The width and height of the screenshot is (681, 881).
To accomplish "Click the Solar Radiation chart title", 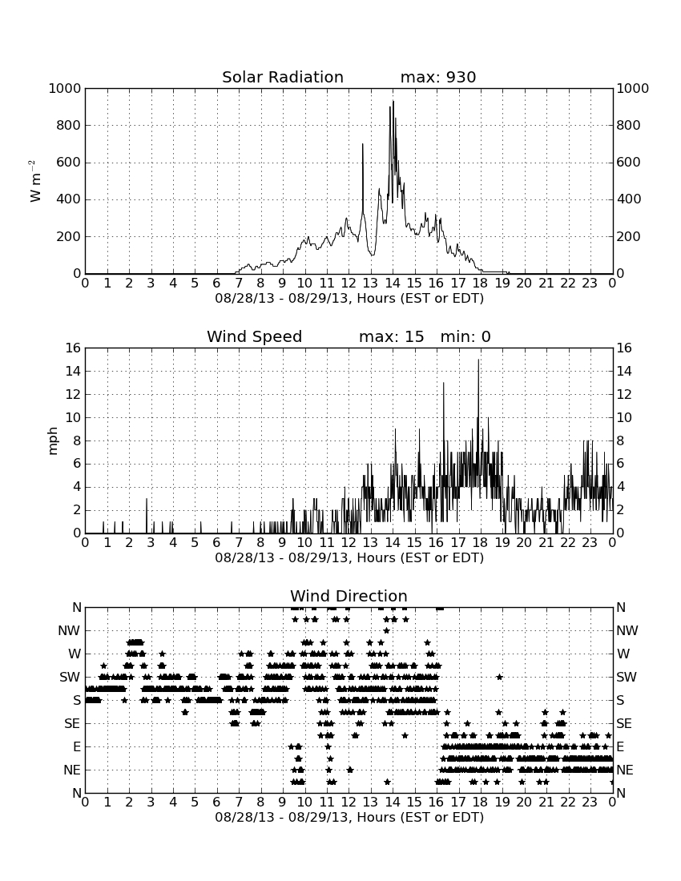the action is point(283,77).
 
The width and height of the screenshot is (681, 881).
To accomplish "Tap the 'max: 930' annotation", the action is point(438,77).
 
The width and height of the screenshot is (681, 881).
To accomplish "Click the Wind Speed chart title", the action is point(255,336).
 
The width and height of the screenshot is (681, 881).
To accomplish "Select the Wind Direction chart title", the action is point(349,596).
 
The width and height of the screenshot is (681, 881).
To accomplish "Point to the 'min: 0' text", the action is point(465,336).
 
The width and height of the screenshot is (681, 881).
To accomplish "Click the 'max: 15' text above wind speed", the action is point(392,336).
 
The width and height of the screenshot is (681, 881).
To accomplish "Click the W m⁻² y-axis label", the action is point(34,181).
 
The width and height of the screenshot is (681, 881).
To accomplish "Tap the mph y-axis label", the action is point(53,441).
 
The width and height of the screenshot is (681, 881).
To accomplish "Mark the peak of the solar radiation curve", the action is point(393,101).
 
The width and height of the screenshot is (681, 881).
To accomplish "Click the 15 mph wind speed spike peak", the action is point(479,360).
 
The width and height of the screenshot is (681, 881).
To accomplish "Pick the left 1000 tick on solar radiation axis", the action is point(65,88).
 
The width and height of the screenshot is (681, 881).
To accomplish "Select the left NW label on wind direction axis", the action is point(70,631).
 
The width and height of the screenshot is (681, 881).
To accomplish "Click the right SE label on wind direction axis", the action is point(623,724).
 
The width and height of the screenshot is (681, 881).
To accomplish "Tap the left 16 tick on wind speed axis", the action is point(74,348).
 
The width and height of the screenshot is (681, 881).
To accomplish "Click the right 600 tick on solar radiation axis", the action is point(629,163).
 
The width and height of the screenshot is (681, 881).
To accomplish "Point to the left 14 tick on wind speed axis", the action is point(74,371).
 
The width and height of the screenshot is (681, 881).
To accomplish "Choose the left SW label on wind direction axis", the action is point(71,677).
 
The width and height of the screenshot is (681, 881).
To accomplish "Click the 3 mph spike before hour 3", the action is point(147,499).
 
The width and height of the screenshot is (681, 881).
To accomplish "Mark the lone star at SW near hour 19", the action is point(499,677).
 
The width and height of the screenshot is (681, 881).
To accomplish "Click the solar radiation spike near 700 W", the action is point(362,144).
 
